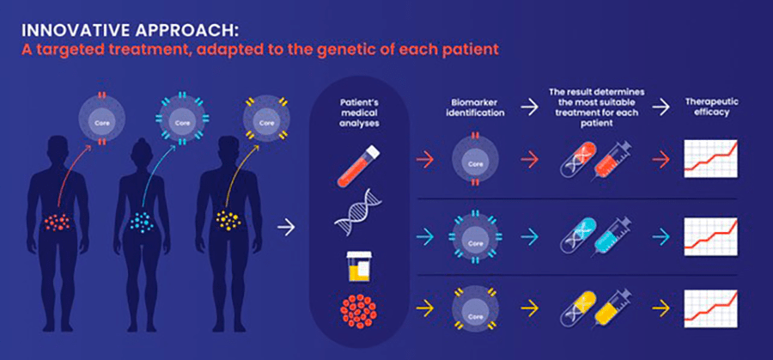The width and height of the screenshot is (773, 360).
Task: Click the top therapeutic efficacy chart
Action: pyautogui.click(x=709, y=158)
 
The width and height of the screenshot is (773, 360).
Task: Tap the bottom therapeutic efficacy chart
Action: pyautogui.click(x=709, y=304)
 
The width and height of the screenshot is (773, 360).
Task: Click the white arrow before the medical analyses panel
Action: pyautogui.click(x=288, y=228)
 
